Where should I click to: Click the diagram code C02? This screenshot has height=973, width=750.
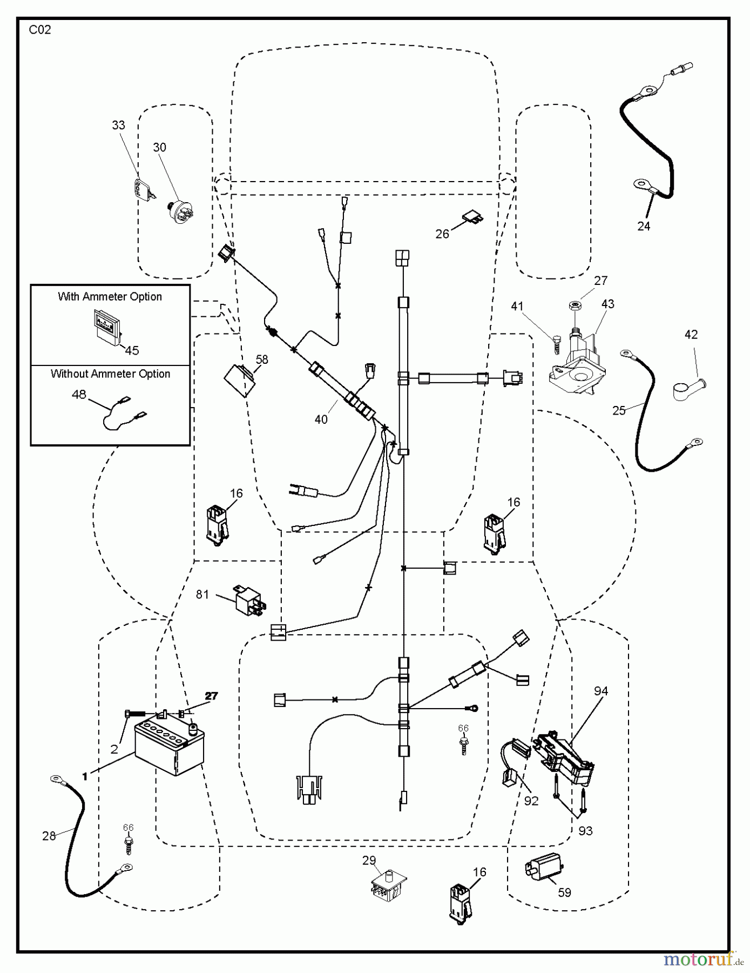click(40, 30)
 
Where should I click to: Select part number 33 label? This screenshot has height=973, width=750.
click(118, 125)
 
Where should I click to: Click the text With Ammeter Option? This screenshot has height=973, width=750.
click(110, 296)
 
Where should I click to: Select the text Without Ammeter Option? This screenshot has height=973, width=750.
click(110, 374)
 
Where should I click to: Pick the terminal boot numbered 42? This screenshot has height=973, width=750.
click(690, 389)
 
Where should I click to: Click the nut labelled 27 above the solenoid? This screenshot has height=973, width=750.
click(575, 306)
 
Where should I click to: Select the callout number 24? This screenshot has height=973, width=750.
click(644, 226)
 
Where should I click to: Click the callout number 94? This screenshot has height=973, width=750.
click(601, 691)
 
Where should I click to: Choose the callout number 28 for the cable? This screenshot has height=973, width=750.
click(49, 836)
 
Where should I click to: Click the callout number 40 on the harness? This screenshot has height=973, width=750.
click(321, 419)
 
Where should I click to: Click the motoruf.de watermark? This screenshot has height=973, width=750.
click(704, 959)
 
